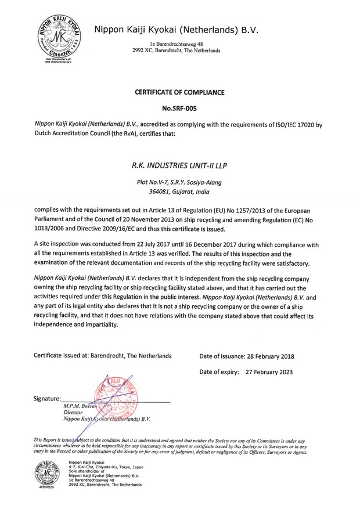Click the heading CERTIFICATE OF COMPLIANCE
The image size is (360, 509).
point(179,92)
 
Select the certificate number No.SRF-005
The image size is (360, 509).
point(179,108)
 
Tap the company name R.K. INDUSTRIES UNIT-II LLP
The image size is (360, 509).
point(179,166)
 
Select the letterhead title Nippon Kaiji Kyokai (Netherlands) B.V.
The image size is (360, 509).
point(176,29)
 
